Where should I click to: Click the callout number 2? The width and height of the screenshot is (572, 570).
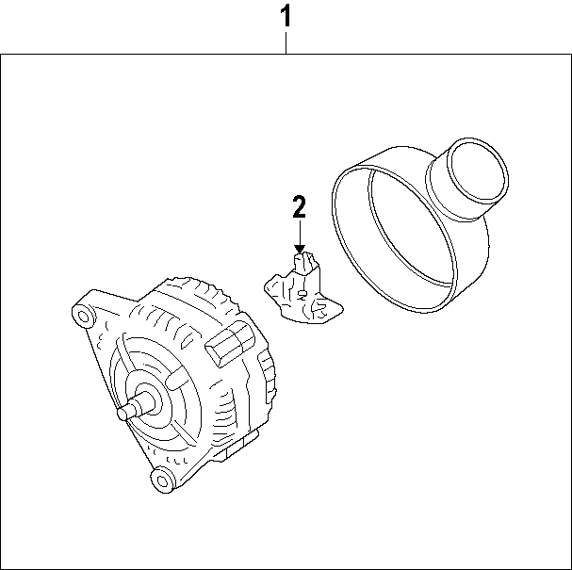point(299,206)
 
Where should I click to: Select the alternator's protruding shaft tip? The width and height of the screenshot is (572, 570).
point(123,412)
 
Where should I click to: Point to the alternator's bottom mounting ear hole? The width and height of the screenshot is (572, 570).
point(162,482)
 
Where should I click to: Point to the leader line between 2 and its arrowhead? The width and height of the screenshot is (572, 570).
point(300,231)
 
